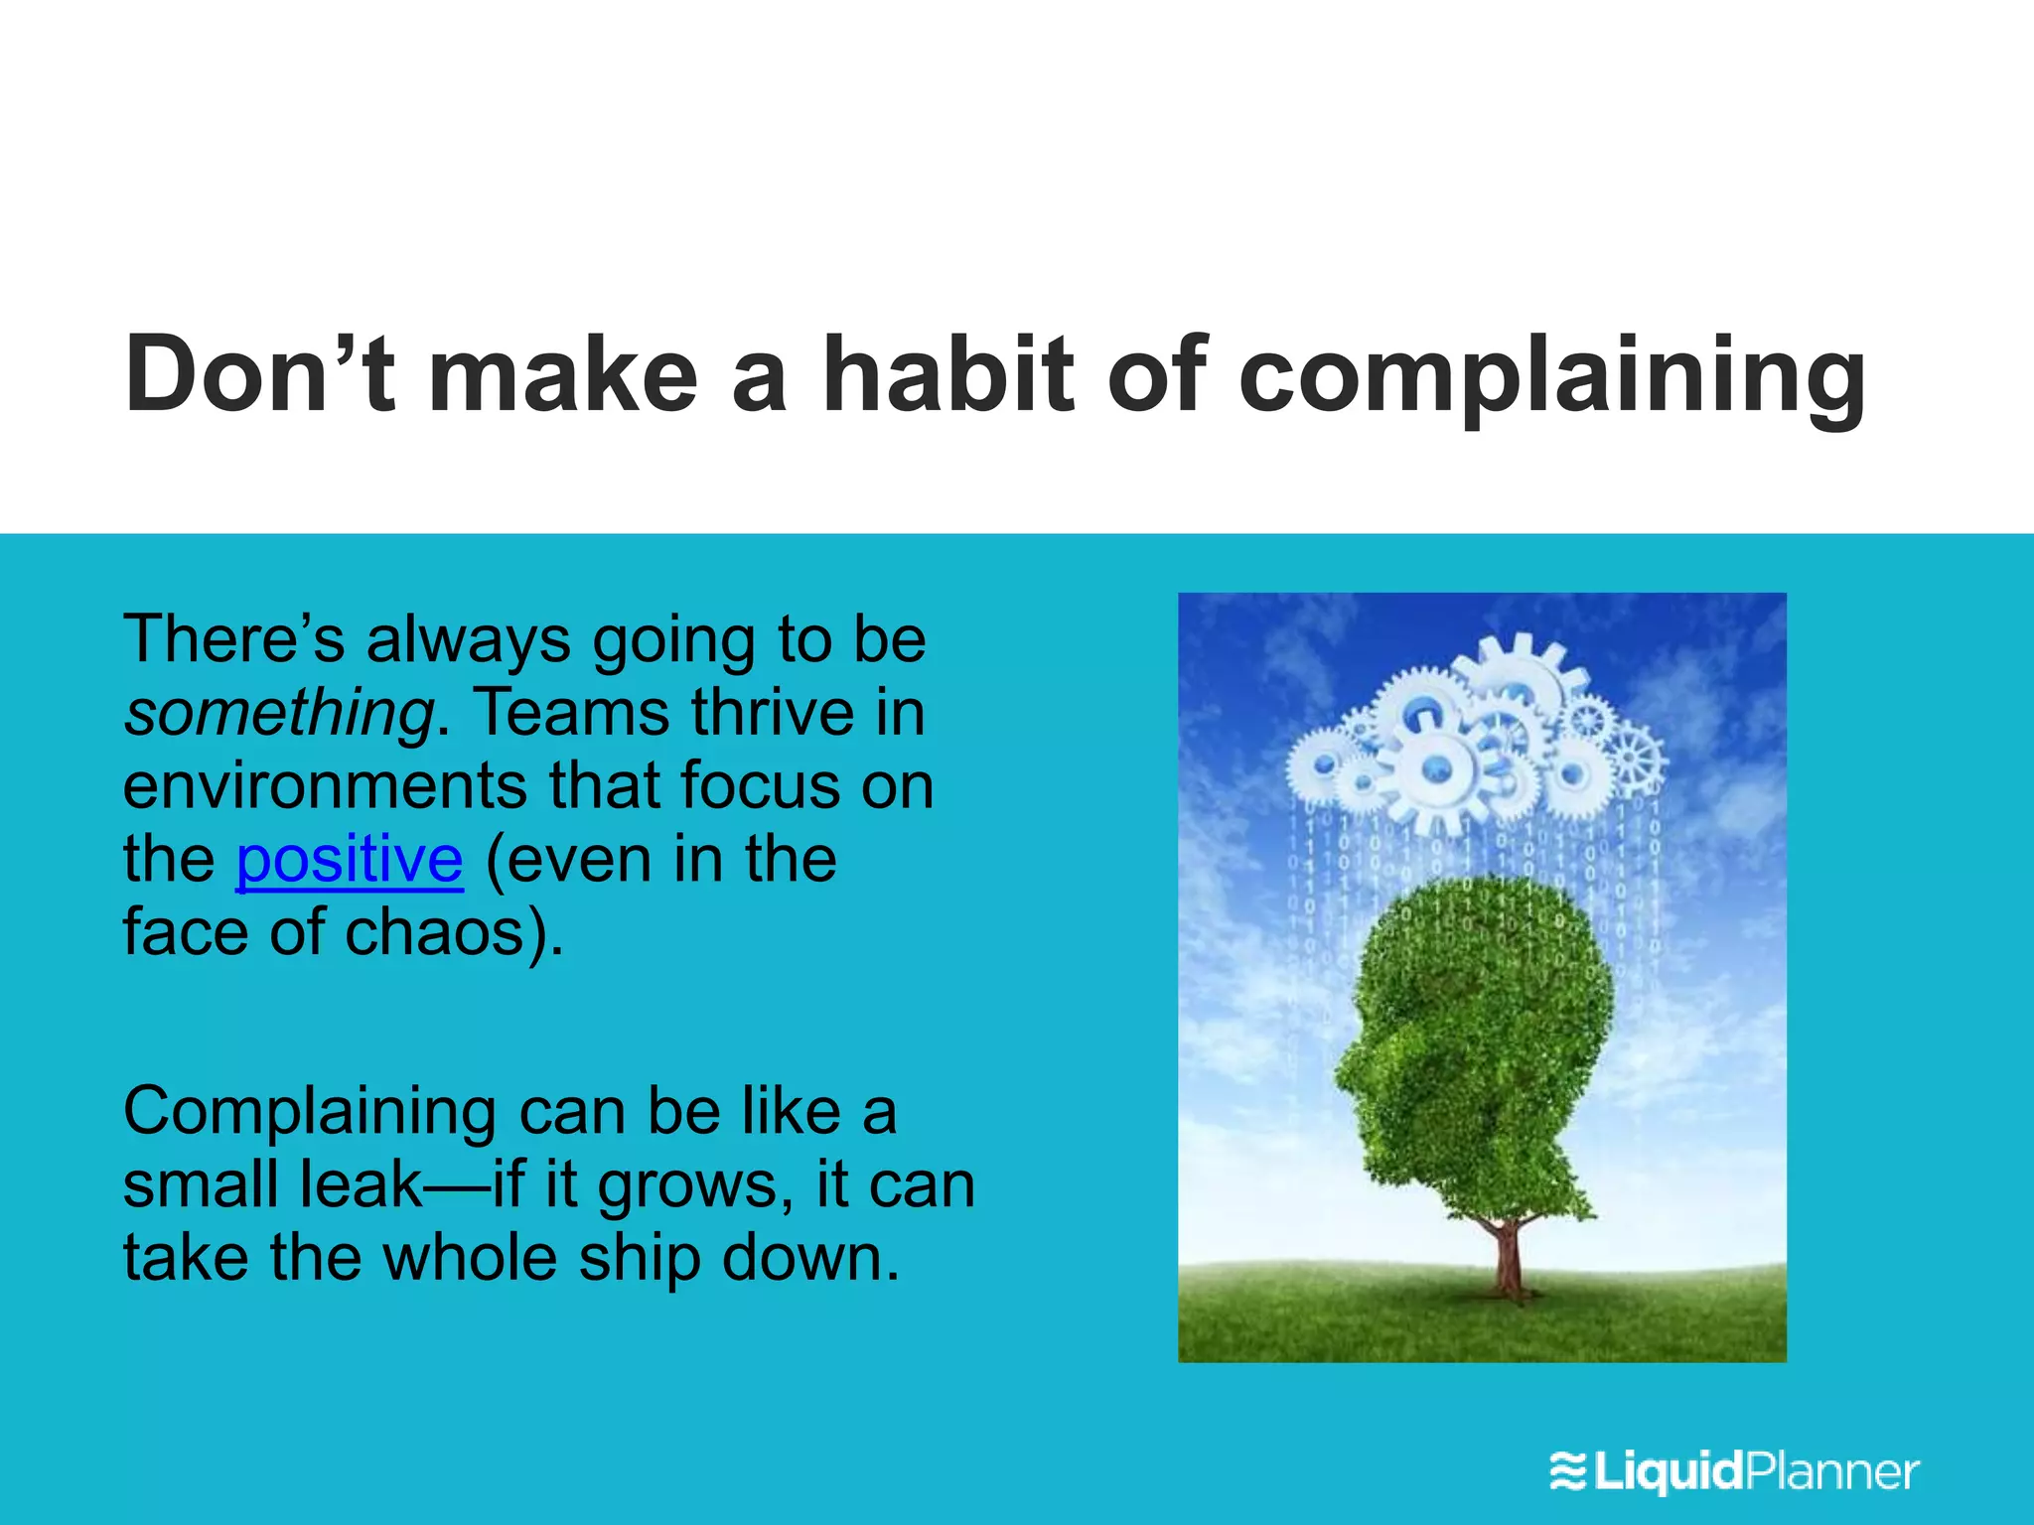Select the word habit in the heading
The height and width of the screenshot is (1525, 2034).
point(948,374)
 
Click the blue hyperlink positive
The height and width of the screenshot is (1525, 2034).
point(350,860)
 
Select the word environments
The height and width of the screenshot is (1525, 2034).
point(325,786)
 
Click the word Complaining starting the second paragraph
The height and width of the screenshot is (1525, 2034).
point(309,1112)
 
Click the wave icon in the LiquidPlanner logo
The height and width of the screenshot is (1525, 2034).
point(1568,1471)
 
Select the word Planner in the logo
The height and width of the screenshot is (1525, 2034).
point(1832,1471)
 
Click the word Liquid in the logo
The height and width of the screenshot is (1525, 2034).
point(1670,1471)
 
